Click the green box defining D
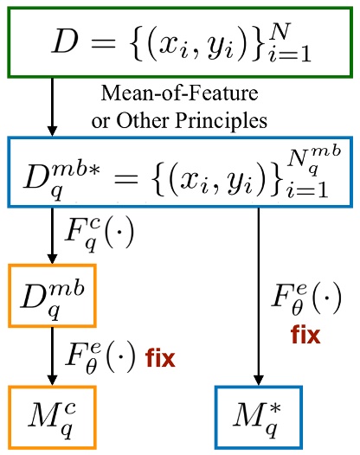[x=179, y=42]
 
